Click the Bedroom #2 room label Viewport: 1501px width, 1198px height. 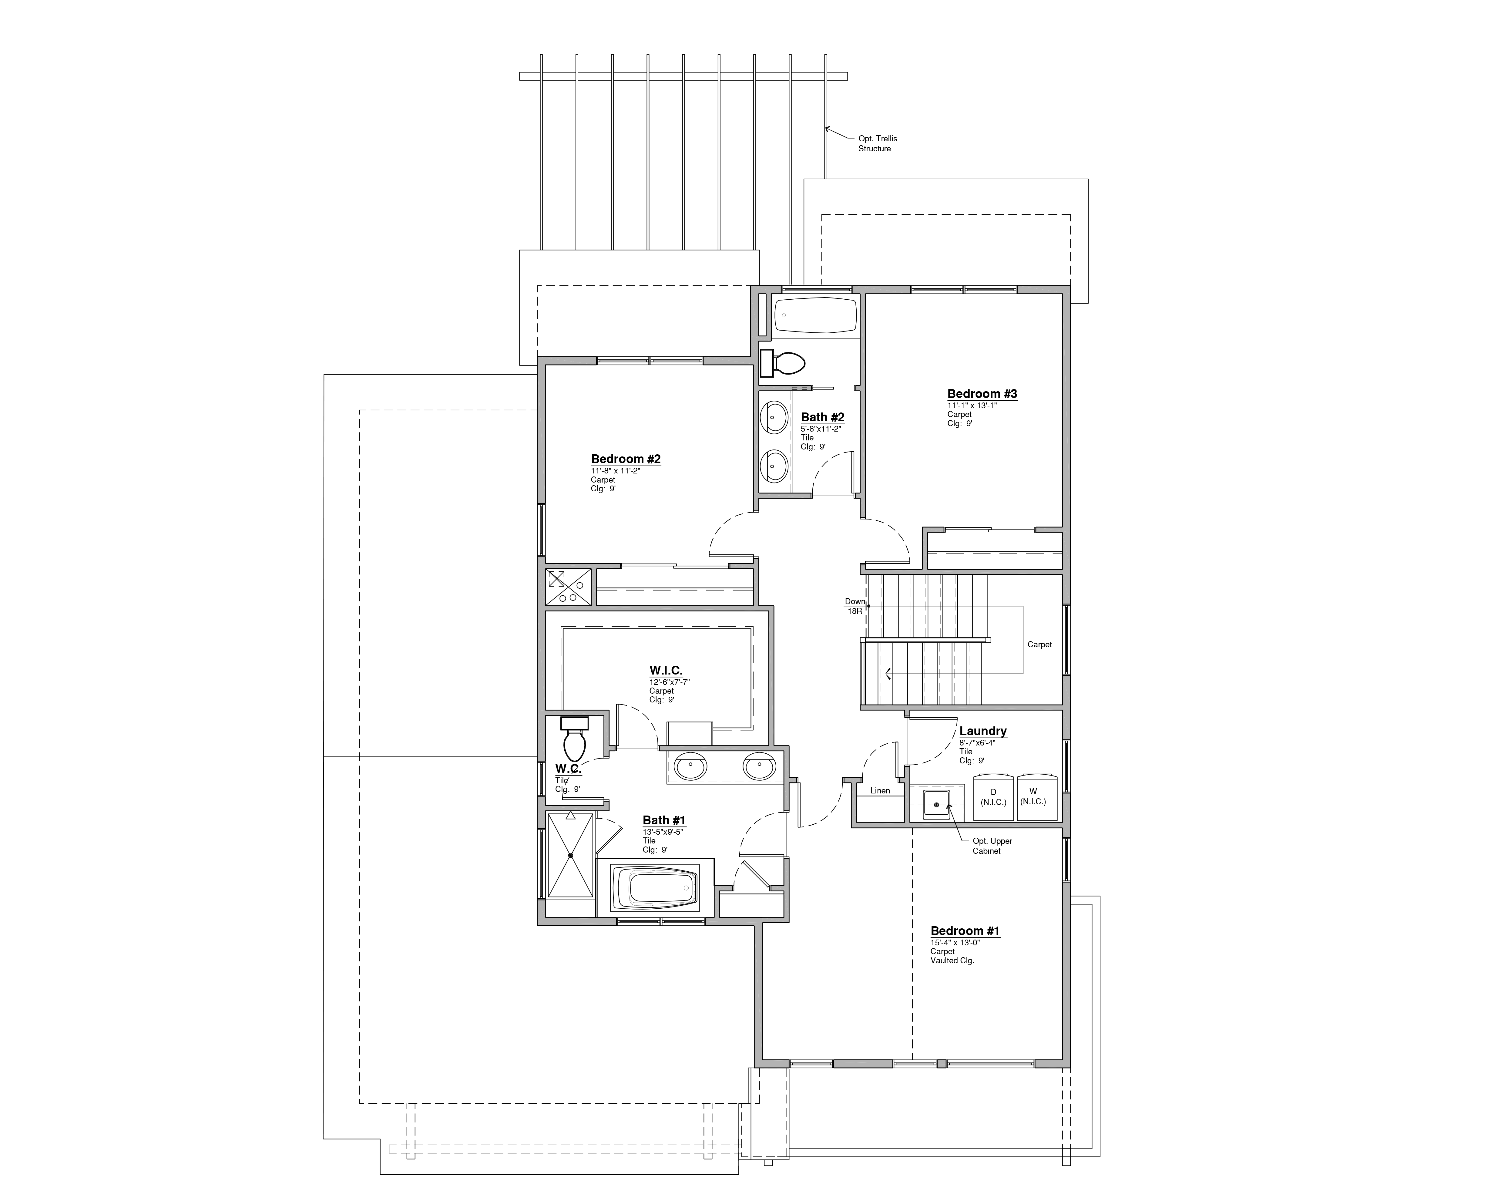[x=625, y=459]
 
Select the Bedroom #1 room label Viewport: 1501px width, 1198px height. [x=965, y=931]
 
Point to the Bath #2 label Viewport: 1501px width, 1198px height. [x=822, y=417]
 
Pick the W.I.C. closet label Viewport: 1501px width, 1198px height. [x=666, y=671]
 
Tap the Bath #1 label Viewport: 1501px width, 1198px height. [x=663, y=820]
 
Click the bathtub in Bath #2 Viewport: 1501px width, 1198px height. [x=815, y=315]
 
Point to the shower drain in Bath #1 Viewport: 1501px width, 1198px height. [x=570, y=855]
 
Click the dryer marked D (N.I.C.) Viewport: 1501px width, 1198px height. [x=993, y=798]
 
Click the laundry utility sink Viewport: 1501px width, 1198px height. [x=936, y=804]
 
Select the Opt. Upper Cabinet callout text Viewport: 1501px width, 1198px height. [x=991, y=846]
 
